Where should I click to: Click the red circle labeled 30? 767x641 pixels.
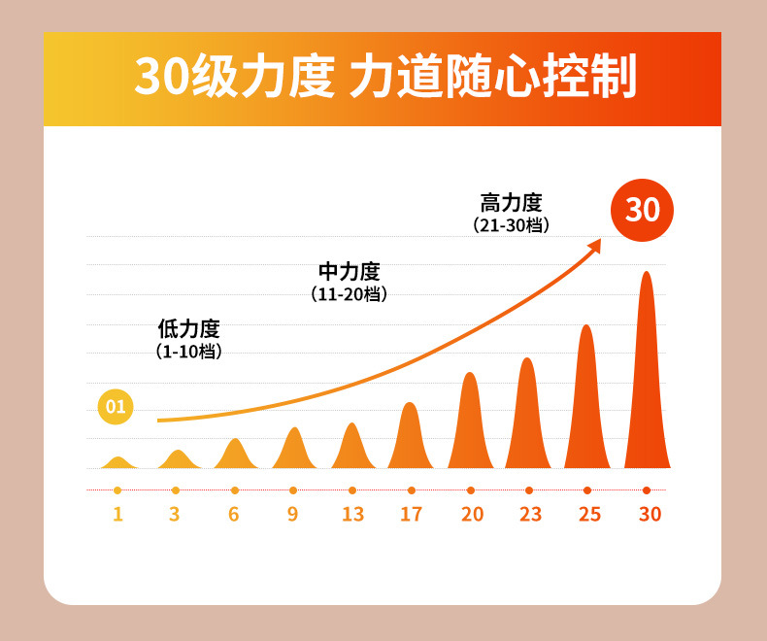coord(642,210)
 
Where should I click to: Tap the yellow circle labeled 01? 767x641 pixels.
coord(116,406)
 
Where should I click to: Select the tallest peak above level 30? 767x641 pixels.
coord(647,379)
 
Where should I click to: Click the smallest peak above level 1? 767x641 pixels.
coord(117,462)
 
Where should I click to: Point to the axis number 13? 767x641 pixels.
coord(352,515)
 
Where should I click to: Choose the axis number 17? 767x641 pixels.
coord(412,515)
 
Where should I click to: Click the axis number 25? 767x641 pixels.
coord(589,515)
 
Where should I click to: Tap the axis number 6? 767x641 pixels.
coord(234,515)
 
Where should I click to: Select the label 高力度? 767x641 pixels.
coord(512,203)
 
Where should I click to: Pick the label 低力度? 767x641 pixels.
coord(188,329)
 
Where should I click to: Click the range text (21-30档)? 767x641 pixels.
coord(512,225)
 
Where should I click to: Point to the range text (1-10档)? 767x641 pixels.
coord(188,352)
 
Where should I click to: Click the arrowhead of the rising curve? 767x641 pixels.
coord(595,246)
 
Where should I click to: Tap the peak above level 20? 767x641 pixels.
coord(471,427)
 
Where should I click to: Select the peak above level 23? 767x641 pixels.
coord(528,418)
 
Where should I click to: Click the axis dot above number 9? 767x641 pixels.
coord(293,490)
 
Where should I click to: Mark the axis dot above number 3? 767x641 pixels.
coord(176,490)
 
